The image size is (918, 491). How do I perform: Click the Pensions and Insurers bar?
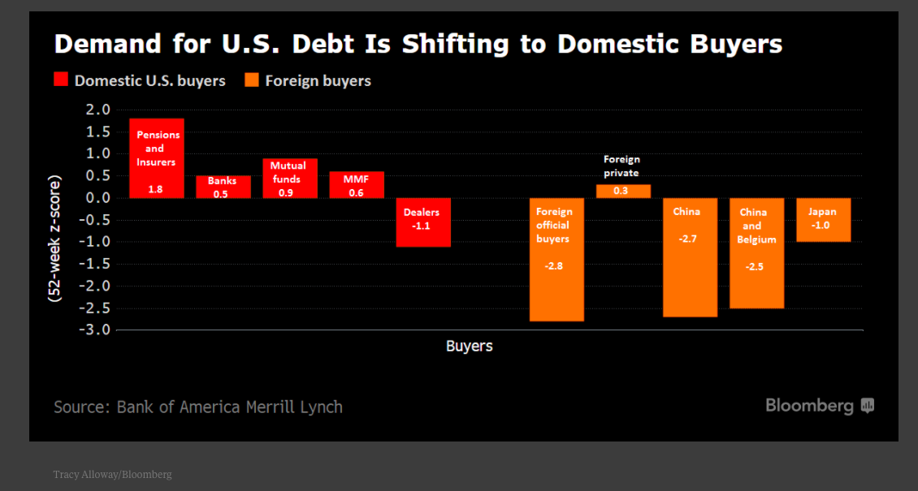[157, 158]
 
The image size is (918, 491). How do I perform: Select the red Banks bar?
[223, 187]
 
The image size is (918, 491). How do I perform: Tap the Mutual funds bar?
[289, 178]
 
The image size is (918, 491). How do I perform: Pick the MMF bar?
[357, 184]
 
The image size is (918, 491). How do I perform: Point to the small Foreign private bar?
[623, 191]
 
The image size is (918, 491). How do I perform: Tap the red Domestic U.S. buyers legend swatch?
[61, 80]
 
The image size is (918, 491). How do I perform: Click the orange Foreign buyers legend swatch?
[252, 80]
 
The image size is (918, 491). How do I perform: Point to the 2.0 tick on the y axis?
[97, 110]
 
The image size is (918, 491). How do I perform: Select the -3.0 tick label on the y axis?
[93, 329]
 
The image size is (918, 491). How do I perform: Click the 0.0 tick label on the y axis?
[97, 198]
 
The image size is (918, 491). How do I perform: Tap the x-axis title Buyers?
[469, 346]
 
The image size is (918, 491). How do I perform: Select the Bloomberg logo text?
[809, 406]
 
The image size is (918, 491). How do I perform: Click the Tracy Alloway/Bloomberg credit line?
[112, 474]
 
